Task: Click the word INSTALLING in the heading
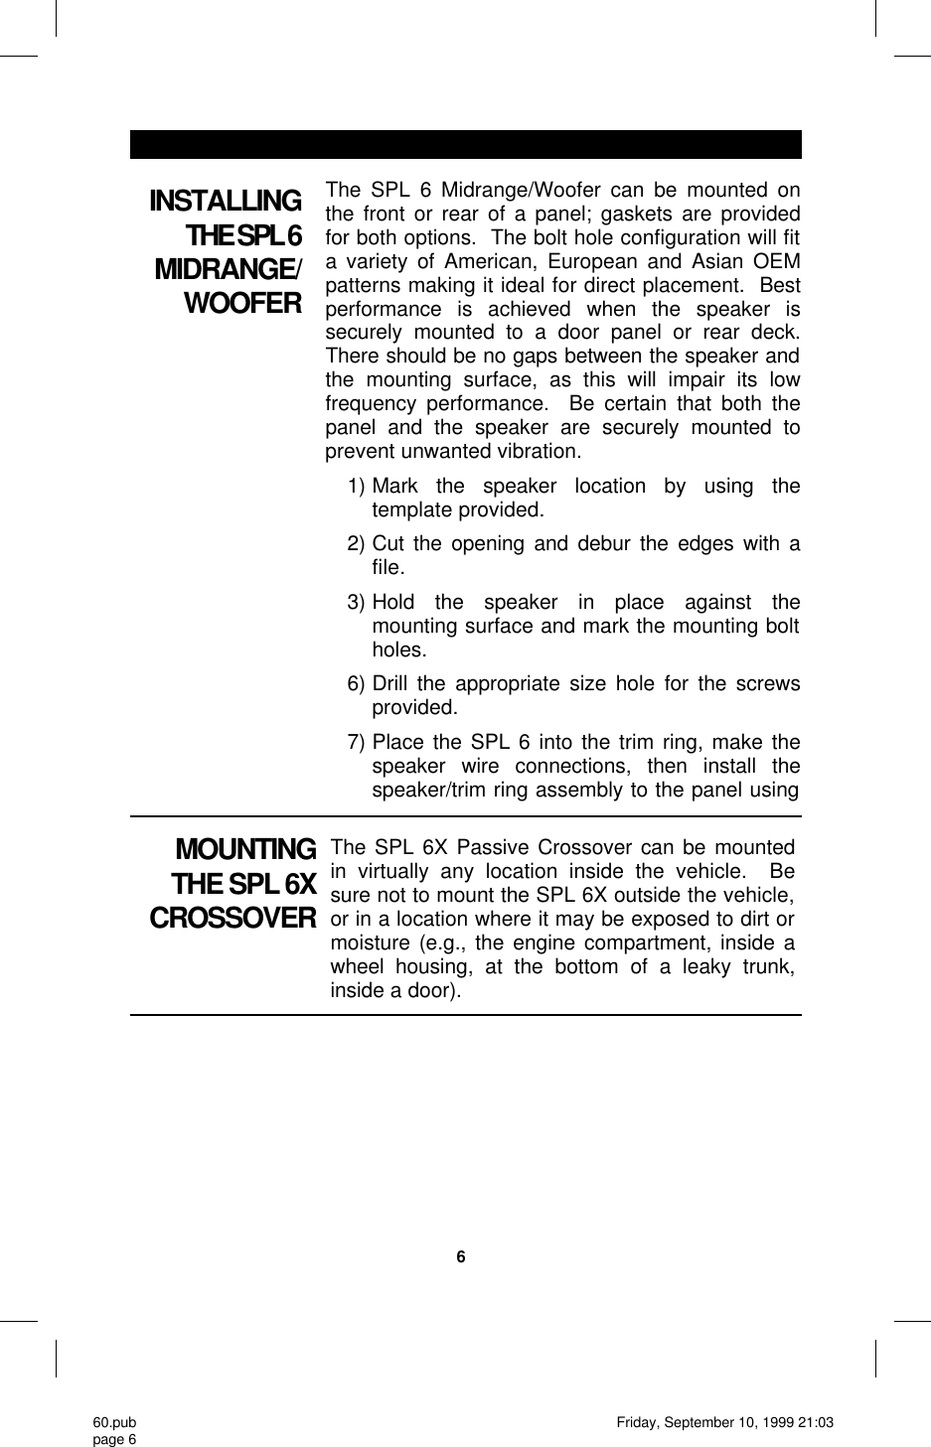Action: [x=225, y=202]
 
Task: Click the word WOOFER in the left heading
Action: [x=242, y=303]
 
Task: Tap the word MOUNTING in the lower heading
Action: [x=245, y=850]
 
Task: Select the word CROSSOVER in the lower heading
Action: [x=233, y=918]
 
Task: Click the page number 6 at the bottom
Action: [x=460, y=1257]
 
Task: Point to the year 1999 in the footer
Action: [x=779, y=1423]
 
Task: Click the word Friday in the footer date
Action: [x=638, y=1423]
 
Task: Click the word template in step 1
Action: [x=409, y=510]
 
